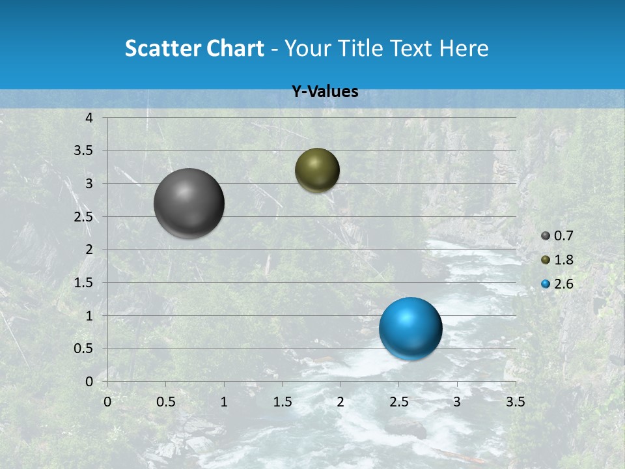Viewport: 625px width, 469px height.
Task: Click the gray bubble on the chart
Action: coord(189,203)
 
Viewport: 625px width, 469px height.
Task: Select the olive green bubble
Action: coord(317,170)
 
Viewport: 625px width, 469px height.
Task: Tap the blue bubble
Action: coord(410,328)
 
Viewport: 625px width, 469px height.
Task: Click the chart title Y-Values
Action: coord(325,92)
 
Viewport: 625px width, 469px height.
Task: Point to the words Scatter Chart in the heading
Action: coord(194,48)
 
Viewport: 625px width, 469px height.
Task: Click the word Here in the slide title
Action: coord(464,48)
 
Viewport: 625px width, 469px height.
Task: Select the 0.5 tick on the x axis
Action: coord(165,402)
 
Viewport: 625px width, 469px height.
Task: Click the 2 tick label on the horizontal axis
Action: coord(340,402)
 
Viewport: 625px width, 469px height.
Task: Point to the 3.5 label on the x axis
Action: coord(515,402)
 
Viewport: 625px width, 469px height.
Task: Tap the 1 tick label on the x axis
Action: coord(224,402)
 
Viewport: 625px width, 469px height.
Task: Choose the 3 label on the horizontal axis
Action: coord(457,402)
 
